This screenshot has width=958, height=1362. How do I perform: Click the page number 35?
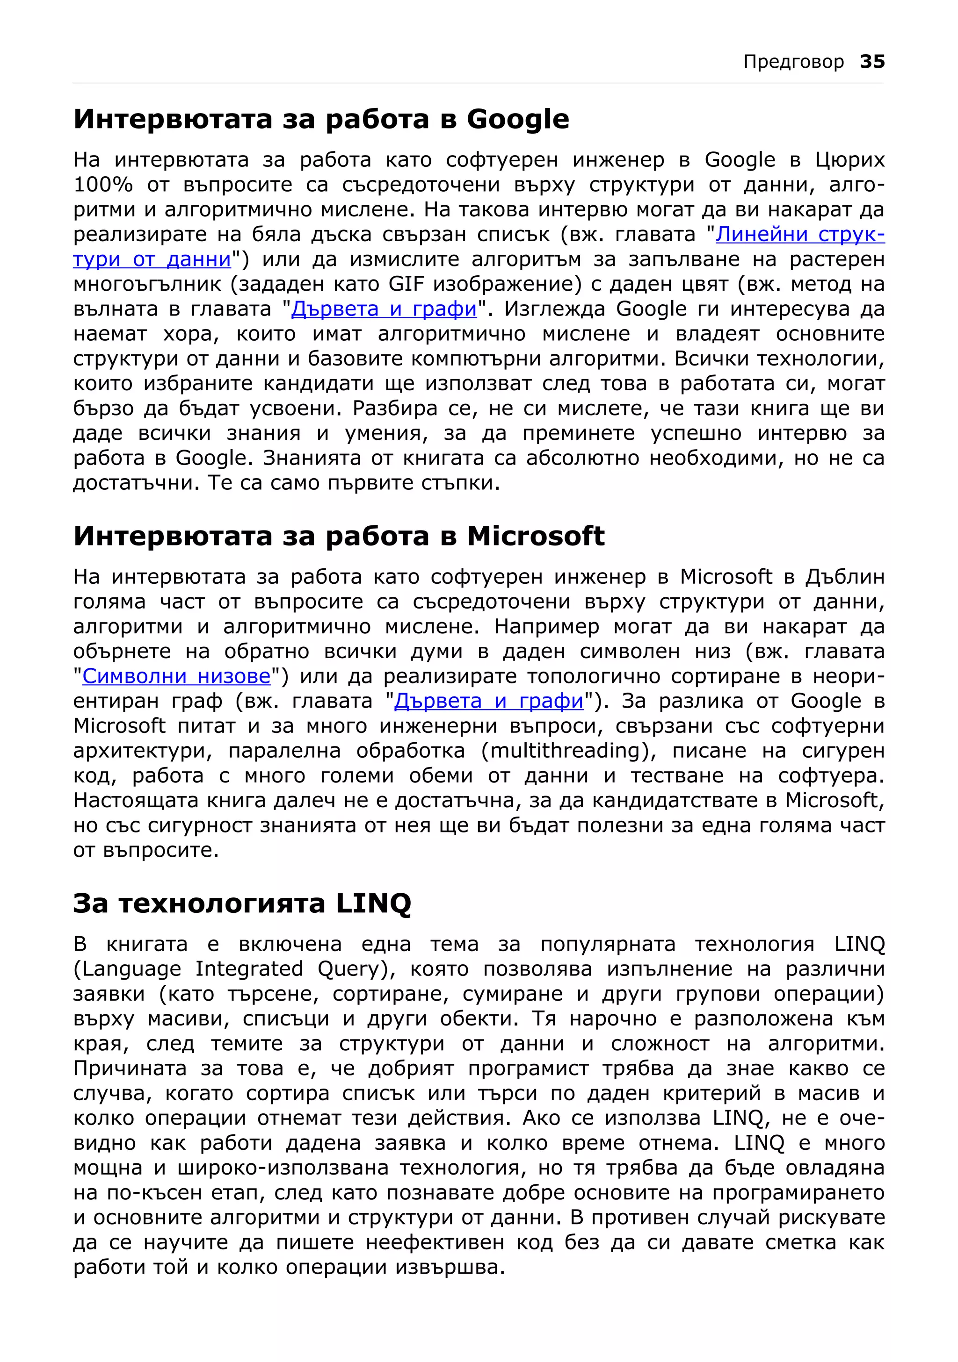click(872, 62)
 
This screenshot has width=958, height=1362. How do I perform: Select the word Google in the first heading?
click(517, 120)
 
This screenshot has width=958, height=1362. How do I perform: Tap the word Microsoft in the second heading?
click(536, 536)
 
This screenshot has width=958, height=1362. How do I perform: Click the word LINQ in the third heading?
click(373, 903)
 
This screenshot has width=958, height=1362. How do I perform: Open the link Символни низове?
click(176, 676)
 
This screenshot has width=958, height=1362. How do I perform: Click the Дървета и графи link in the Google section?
click(384, 309)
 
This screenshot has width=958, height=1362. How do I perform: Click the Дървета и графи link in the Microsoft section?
click(488, 701)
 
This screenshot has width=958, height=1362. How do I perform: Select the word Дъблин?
click(845, 577)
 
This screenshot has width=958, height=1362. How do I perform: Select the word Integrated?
click(249, 969)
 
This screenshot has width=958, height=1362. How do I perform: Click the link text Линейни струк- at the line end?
click(799, 235)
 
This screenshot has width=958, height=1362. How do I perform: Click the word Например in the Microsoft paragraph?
click(546, 626)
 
